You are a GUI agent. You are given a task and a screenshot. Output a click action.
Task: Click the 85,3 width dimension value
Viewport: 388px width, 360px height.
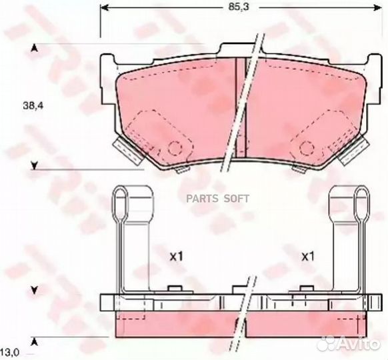pos(235,7)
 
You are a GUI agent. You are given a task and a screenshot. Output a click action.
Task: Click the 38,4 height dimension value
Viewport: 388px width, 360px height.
pos(33,106)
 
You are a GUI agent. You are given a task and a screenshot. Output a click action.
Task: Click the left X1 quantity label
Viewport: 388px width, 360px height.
pos(176,257)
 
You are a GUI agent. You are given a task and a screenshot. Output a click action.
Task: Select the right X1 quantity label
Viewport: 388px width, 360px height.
pos(307,257)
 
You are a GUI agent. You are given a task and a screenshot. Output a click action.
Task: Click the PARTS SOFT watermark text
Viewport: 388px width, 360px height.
pos(218,199)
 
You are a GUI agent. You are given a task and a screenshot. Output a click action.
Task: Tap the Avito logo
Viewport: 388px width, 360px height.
pos(349,343)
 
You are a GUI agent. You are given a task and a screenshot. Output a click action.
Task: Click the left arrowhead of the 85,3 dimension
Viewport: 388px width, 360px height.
pos(104,8)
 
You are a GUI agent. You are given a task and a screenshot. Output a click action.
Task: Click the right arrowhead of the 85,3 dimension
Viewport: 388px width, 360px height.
pos(377,8)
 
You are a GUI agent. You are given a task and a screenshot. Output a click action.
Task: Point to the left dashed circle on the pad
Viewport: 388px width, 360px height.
pos(175,148)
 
